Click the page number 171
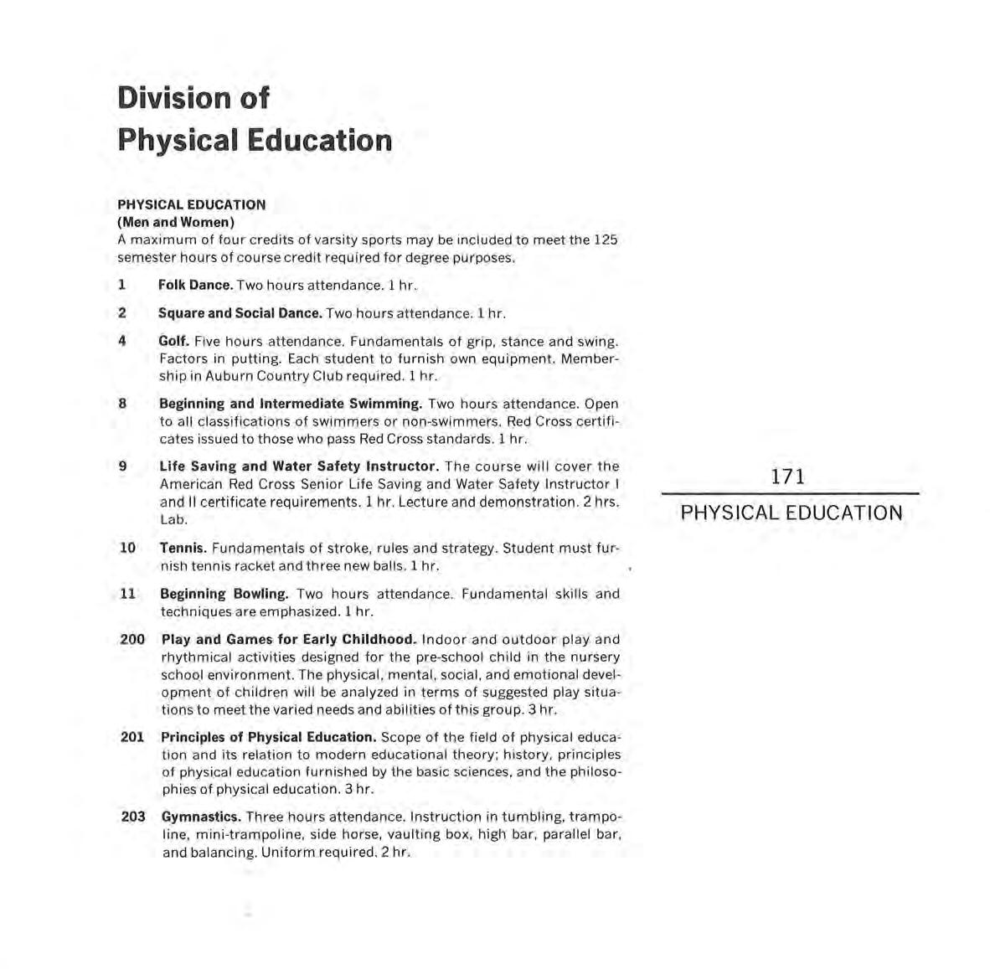point(787,477)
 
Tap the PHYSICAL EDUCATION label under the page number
point(791,513)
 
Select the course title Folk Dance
point(195,285)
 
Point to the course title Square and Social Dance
point(240,313)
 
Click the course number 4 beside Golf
point(122,341)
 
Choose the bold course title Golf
point(173,342)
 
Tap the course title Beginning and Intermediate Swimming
point(291,404)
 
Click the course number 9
point(122,466)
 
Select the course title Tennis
point(183,548)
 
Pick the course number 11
point(127,593)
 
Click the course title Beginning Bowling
point(224,594)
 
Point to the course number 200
point(132,639)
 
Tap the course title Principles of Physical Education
point(268,737)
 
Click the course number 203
point(133,816)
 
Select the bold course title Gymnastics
point(201,817)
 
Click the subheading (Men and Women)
point(175,222)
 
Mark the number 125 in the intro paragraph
point(605,240)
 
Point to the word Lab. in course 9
point(173,519)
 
